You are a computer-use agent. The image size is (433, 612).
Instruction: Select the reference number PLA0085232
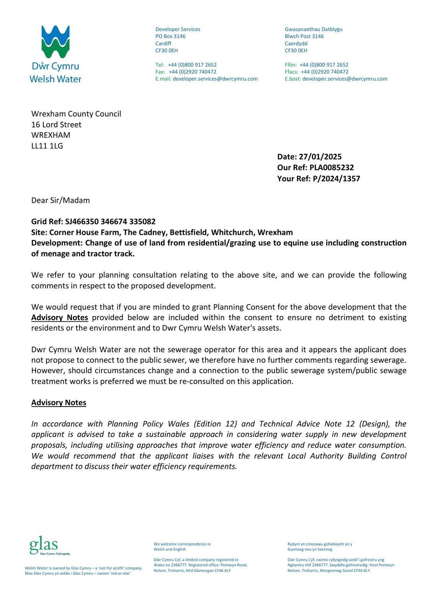pos(332,168)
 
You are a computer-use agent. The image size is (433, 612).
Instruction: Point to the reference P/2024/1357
pos(336,179)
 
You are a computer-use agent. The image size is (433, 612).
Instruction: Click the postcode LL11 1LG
pos(47,146)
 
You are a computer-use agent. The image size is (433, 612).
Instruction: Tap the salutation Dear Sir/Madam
pos(60,200)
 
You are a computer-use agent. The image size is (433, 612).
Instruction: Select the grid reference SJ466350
pos(82,222)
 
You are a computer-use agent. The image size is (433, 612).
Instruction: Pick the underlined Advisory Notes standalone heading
pos(59,403)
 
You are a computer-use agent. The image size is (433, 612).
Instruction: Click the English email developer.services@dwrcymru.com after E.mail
pos(215,79)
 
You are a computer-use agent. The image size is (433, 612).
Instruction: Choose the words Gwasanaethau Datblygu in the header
pos(314,29)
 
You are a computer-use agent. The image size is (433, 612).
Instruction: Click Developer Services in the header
pos(178,29)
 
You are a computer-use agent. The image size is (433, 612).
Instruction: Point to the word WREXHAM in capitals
pos(51,135)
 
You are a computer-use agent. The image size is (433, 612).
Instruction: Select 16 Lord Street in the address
pos(56,125)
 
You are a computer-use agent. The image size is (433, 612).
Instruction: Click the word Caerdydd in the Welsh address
pos(296,44)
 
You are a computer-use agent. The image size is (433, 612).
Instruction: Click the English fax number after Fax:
pos(193,72)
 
